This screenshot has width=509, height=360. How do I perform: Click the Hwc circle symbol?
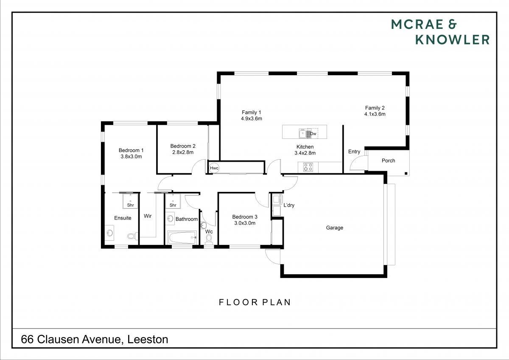point(214,168)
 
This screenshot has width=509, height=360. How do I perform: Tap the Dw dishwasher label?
point(313,134)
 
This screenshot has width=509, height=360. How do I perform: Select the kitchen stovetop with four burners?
point(308,167)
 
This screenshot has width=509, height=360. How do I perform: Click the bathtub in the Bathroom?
point(182,238)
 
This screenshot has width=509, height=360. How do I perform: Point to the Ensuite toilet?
point(132,236)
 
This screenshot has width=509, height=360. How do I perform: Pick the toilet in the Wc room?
point(209,240)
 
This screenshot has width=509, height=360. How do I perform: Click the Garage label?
point(335,228)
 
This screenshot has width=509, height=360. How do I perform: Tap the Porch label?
point(389,160)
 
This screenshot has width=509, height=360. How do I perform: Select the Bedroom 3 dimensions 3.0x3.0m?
point(245,223)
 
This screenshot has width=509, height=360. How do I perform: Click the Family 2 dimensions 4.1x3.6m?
point(375,114)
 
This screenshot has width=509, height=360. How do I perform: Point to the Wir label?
point(148,216)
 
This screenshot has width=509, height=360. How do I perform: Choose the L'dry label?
point(289,205)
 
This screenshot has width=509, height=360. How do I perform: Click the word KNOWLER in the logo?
point(453,39)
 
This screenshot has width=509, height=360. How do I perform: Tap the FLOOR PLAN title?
point(255,302)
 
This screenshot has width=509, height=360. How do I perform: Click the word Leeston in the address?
point(148,339)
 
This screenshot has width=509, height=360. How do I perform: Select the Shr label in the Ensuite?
point(131,205)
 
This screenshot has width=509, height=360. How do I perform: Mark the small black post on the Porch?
point(406,174)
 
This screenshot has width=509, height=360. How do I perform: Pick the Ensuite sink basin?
point(110,233)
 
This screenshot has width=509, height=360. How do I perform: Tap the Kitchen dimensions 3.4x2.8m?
point(305,153)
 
